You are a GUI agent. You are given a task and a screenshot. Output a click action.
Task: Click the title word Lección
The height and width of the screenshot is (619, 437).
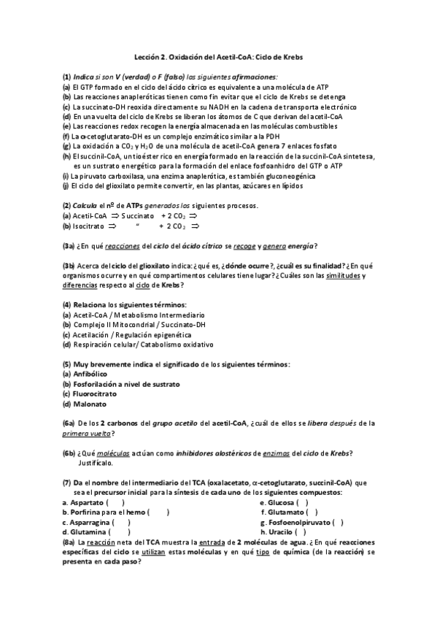pos(149,56)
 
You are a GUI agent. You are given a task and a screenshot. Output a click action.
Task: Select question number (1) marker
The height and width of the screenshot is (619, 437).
pos(66,77)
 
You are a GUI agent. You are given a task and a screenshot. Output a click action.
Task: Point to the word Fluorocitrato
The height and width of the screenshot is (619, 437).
pos(97,393)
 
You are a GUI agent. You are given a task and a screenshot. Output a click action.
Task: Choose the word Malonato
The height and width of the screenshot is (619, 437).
pos(90,404)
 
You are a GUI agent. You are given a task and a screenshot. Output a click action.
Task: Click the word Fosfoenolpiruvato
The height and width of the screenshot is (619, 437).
pos(296,522)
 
